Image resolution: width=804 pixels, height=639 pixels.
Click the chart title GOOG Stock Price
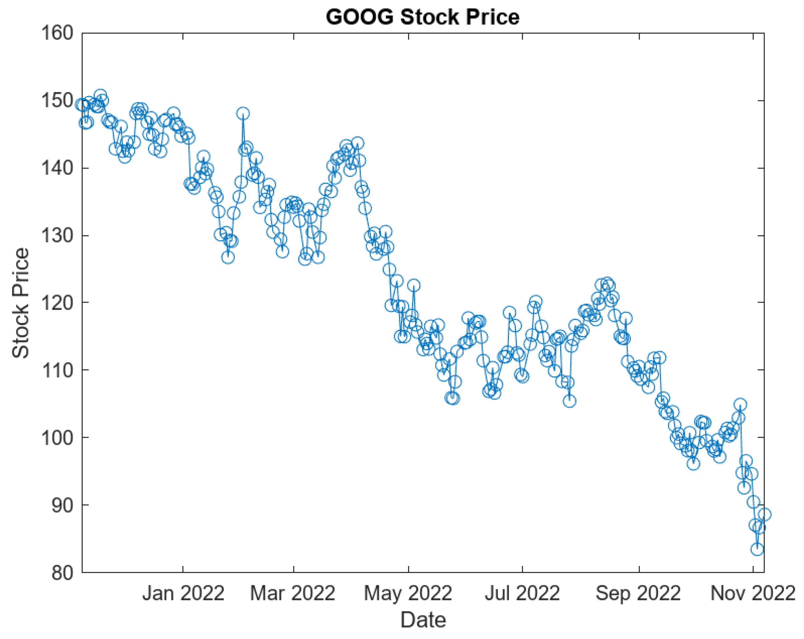pyautogui.click(x=422, y=17)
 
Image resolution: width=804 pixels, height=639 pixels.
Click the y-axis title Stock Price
pyautogui.click(x=21, y=303)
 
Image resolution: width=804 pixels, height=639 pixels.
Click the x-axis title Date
pyautogui.click(x=423, y=620)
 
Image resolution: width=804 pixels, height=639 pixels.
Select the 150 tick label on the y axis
pyautogui.click(x=57, y=100)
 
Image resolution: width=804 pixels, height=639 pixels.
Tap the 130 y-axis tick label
pyautogui.click(x=57, y=236)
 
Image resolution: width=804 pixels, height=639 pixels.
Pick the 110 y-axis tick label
pyautogui.click(x=57, y=370)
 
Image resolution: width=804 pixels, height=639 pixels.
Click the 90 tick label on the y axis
pyautogui.click(x=62, y=505)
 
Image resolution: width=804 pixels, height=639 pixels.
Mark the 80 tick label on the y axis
pyautogui.click(x=62, y=573)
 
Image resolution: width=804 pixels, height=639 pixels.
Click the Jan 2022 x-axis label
pyautogui.click(x=183, y=593)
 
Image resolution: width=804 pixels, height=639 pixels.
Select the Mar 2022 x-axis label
pyautogui.click(x=293, y=593)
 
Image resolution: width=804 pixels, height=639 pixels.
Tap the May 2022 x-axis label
pyautogui.click(x=408, y=593)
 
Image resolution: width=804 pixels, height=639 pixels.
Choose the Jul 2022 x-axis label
pyautogui.click(x=522, y=593)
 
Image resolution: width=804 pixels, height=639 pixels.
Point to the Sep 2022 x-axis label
pyautogui.click(x=638, y=593)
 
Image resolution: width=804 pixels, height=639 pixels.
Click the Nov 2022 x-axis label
pyautogui.click(x=753, y=593)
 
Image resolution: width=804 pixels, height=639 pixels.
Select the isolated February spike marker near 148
pyautogui.click(x=243, y=113)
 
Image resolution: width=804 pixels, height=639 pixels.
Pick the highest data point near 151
pyautogui.click(x=100, y=95)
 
